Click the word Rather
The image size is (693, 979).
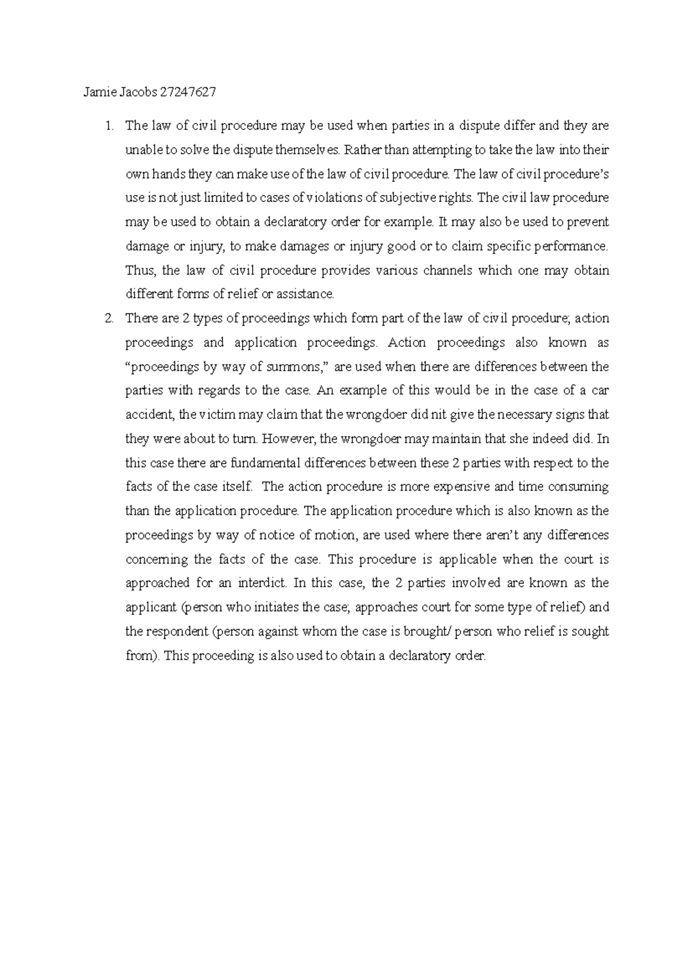[x=359, y=150]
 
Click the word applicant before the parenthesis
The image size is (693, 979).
[x=150, y=608]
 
